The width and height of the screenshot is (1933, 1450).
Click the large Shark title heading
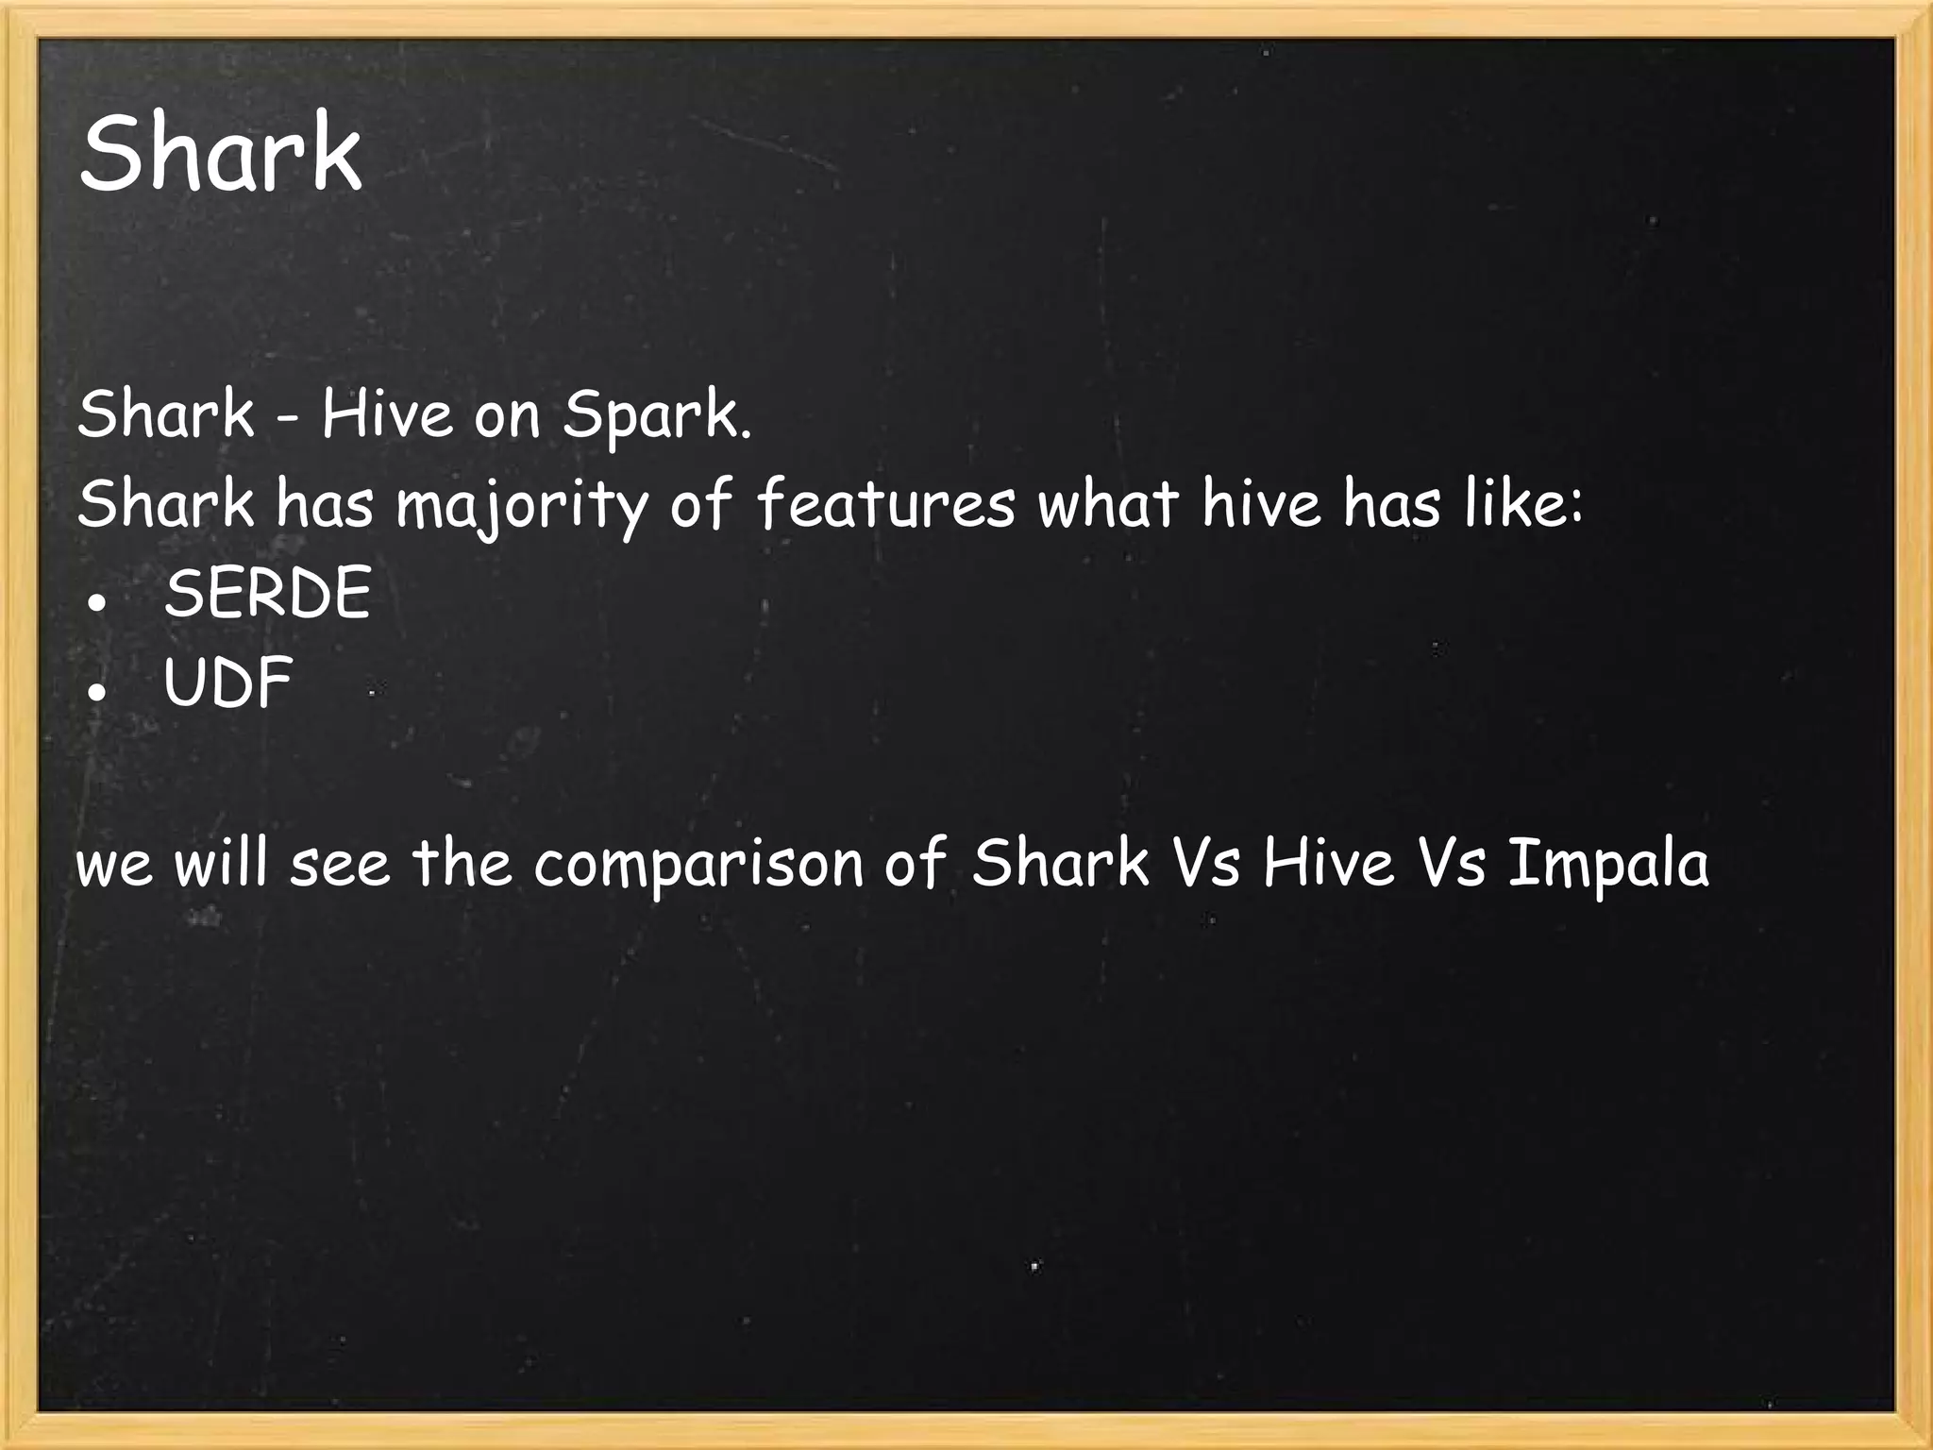click(x=221, y=153)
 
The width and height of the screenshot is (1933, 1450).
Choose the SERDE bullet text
click(x=267, y=594)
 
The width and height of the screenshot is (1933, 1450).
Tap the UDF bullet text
click(x=227, y=683)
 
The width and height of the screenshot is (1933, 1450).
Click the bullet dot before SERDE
click(x=95, y=602)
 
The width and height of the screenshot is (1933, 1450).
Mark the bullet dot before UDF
click(x=95, y=692)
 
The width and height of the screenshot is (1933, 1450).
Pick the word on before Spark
click(x=506, y=416)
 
